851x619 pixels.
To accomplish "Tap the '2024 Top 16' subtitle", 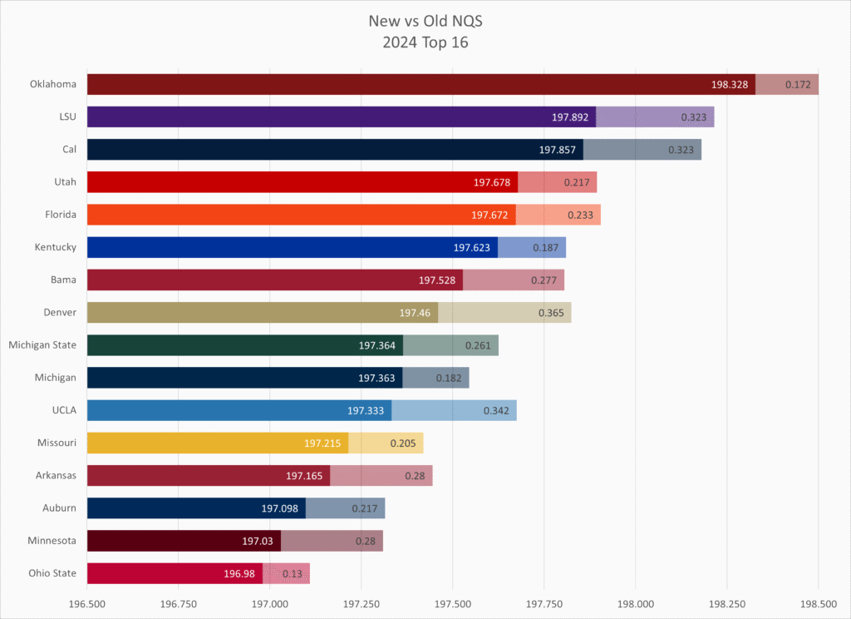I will click(x=425, y=42).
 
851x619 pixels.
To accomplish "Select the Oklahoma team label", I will click(x=53, y=84).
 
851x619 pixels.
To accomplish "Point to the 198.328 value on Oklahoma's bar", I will click(x=730, y=84).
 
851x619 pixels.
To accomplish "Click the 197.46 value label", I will click(x=415, y=313).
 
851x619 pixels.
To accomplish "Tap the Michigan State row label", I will click(x=42, y=345).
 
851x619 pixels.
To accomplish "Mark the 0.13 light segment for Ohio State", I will click(x=287, y=573).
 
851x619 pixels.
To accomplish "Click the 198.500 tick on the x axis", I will click(x=818, y=603).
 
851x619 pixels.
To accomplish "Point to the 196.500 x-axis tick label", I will click(x=87, y=603).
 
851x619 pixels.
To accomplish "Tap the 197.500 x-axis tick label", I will click(x=453, y=603).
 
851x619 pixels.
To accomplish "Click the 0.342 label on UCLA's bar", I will click(x=497, y=410).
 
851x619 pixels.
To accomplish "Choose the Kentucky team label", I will click(x=56, y=247).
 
